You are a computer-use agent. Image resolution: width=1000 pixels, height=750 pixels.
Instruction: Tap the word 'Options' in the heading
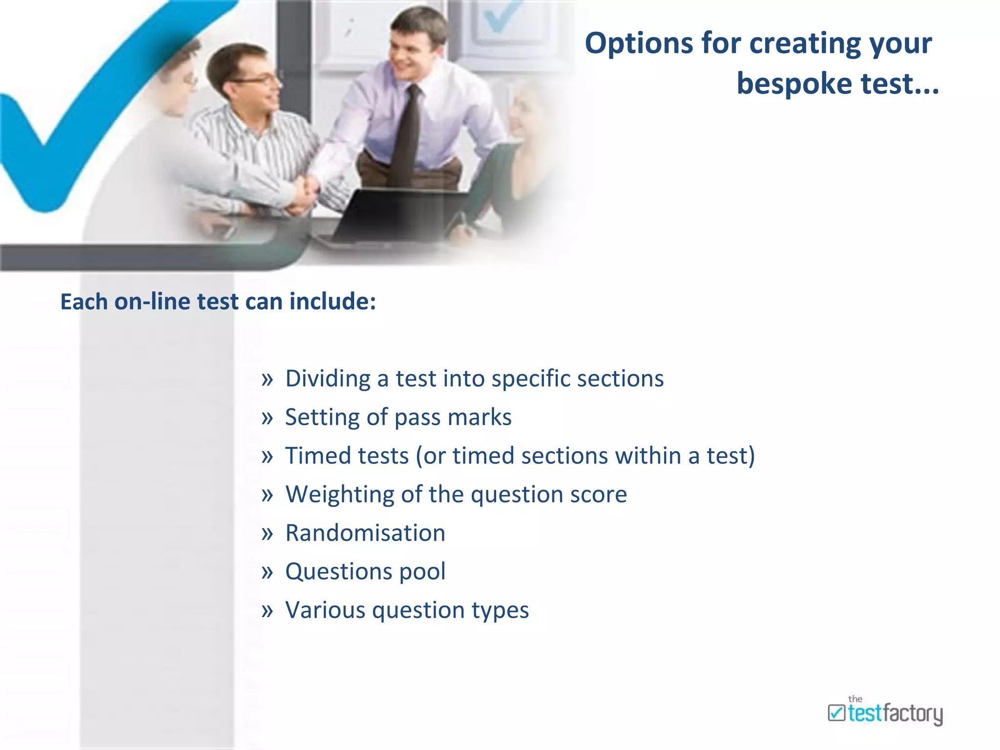click(x=638, y=43)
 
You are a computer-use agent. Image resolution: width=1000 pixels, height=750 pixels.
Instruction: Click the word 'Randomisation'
click(x=365, y=533)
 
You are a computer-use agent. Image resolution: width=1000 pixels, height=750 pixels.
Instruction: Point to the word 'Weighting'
click(x=339, y=495)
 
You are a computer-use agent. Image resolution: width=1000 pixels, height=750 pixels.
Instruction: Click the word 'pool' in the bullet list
click(x=422, y=572)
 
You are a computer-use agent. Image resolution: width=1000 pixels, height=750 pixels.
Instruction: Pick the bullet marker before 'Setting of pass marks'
click(x=267, y=418)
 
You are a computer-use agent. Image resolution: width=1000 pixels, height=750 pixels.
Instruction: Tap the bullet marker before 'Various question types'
click(x=267, y=611)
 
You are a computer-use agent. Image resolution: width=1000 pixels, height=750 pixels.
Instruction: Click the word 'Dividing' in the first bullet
click(x=328, y=378)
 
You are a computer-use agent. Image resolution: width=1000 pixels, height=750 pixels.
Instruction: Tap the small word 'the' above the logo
click(x=855, y=699)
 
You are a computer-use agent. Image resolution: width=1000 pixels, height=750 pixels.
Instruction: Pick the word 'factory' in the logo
click(x=913, y=714)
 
